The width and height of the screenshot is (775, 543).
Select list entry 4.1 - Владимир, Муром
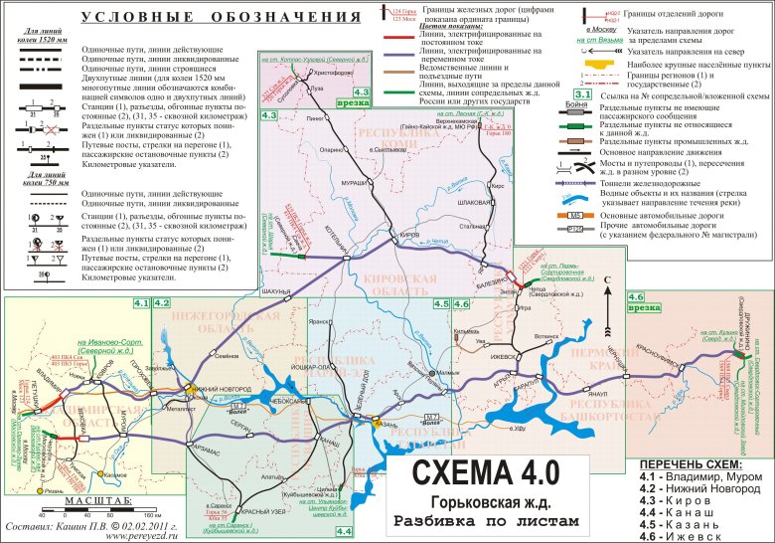tap(699, 477)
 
